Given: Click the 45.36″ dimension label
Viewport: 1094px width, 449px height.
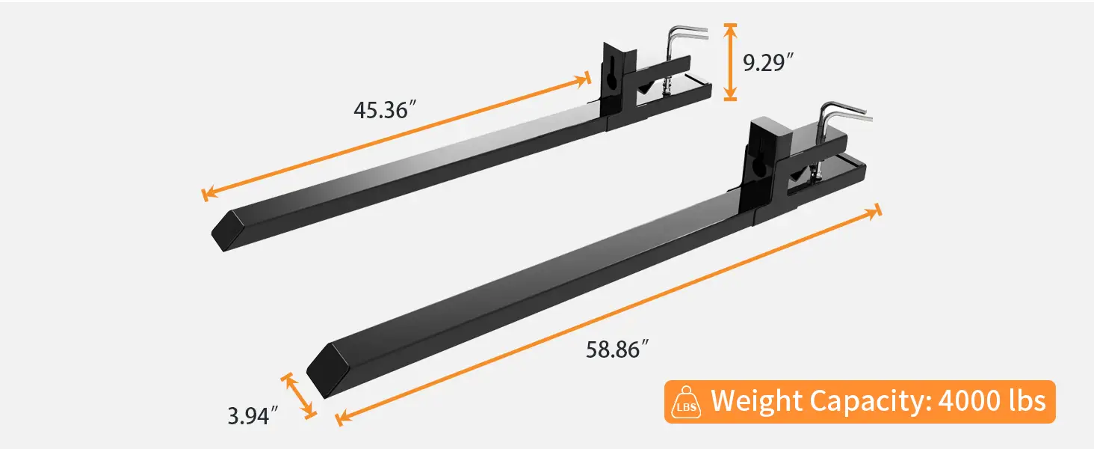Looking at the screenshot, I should [x=384, y=111].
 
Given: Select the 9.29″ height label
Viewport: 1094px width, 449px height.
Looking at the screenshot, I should [x=767, y=62].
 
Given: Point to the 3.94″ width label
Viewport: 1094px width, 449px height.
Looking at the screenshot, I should [x=253, y=415].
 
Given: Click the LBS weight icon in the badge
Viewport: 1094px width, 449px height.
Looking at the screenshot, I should [x=687, y=403].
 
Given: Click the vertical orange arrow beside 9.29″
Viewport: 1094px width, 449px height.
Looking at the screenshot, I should [x=731, y=61].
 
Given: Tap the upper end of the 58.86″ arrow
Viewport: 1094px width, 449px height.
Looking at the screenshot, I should [x=875, y=213].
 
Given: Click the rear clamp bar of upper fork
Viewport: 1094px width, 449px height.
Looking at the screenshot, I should [x=673, y=91].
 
